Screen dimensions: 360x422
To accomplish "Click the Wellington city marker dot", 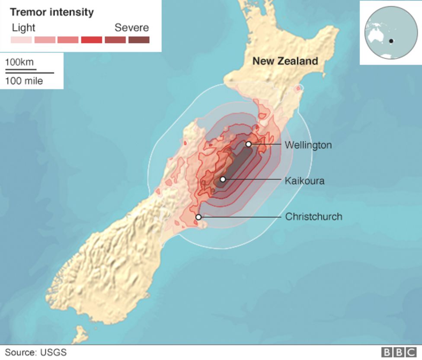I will point(249,144).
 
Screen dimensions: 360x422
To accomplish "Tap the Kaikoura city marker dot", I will point(223,179).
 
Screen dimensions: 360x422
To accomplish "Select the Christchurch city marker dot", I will point(198,217).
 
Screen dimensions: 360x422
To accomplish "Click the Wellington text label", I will point(308,145).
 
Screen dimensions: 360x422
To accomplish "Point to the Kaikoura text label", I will point(304,181).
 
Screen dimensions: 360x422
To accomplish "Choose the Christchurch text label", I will point(313,217).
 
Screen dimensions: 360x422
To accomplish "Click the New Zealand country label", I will point(285,61).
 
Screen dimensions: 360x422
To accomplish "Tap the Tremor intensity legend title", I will point(52,12).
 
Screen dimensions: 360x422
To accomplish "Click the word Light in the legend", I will point(24,28).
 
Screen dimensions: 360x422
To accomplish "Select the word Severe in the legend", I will point(131,28).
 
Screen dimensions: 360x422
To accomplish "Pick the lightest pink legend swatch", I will point(21,40).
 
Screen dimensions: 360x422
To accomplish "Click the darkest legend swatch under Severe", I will point(139,40).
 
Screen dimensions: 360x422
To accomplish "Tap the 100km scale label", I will point(19,62).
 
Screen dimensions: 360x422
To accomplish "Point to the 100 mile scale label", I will point(24,81).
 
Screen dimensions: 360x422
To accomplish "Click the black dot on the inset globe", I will point(391,41).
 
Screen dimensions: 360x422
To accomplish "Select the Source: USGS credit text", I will point(36,352).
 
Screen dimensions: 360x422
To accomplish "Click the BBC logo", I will point(398,352).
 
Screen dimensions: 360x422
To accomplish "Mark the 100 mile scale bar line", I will point(29,73).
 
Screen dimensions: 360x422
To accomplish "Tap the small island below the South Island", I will point(80,334).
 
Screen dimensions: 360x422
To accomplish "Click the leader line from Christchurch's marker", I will point(240,217).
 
